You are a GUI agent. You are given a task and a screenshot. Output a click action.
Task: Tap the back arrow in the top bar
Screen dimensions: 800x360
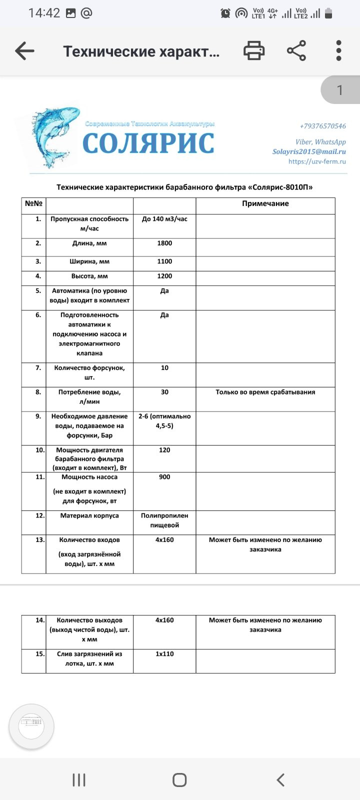pyautogui.click(x=24, y=51)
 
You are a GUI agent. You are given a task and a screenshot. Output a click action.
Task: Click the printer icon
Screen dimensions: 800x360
pyautogui.click(x=254, y=51)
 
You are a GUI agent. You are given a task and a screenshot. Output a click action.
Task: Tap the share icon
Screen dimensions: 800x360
pyautogui.click(x=296, y=51)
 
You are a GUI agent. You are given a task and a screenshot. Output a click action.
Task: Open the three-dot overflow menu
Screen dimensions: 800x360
pyautogui.click(x=339, y=51)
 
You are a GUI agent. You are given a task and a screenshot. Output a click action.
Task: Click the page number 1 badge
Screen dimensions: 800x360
pyautogui.click(x=340, y=90)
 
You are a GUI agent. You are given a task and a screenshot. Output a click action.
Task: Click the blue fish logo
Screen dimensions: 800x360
pyautogui.click(x=50, y=135)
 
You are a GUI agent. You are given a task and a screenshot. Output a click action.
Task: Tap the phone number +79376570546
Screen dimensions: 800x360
pyautogui.click(x=322, y=126)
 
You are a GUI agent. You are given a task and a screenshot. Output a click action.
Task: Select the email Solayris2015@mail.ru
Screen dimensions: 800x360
pyautogui.click(x=309, y=151)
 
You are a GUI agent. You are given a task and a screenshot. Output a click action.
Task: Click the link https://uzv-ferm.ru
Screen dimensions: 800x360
pyautogui.click(x=317, y=161)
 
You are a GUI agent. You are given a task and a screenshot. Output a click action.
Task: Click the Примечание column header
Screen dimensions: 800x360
pyautogui.click(x=265, y=203)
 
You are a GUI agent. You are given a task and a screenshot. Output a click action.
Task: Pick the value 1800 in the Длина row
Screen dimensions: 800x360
pyautogui.click(x=164, y=243)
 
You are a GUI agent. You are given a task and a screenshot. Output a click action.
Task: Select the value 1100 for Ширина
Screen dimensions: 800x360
pyautogui.click(x=164, y=261)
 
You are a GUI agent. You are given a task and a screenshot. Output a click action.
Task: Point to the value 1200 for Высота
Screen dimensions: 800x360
pyautogui.click(x=164, y=276)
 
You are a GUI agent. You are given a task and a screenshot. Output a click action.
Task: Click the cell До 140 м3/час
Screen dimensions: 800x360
pyautogui.click(x=164, y=219)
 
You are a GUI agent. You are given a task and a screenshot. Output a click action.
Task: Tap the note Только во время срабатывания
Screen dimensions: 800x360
pyautogui.click(x=265, y=392)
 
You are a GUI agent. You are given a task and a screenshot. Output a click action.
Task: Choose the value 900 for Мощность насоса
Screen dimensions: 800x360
pyautogui.click(x=164, y=477)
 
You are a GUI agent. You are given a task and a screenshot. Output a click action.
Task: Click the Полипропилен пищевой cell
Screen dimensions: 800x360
pyautogui.click(x=164, y=520)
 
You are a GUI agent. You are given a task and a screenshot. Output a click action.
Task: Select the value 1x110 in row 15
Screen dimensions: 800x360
pyautogui.click(x=164, y=654)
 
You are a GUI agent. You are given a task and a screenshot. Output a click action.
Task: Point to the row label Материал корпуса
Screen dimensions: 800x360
pyautogui.click(x=89, y=515)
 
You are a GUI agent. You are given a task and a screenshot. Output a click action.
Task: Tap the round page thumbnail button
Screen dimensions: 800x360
pyautogui.click(x=31, y=726)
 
